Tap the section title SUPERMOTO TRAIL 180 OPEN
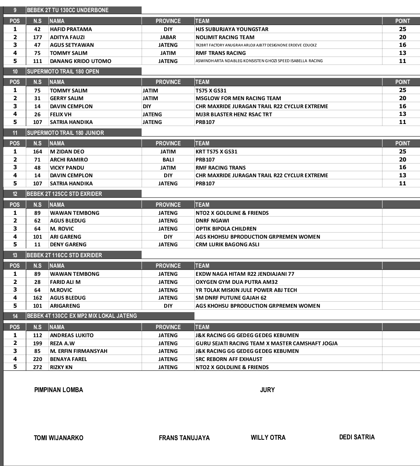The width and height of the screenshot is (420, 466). [x=63, y=71]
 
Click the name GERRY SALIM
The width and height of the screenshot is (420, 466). [x=67, y=98]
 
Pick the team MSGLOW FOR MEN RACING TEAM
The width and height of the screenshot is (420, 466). [x=238, y=98]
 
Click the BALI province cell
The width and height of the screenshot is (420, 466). [x=168, y=160]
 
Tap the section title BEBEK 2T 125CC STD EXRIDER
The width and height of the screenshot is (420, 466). [x=64, y=194]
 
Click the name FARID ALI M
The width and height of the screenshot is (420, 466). [x=65, y=282]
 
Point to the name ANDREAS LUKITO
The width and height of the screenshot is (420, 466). [x=71, y=335]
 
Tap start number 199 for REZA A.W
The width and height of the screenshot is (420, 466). [x=37, y=343]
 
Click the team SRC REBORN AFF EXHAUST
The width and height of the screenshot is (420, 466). [x=229, y=359]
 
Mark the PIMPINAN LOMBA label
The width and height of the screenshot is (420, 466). [x=59, y=390]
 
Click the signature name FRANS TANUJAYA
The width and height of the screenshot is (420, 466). [x=184, y=438]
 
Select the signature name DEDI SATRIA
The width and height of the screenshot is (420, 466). [x=357, y=437]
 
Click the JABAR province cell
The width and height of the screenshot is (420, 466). [x=168, y=37]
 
